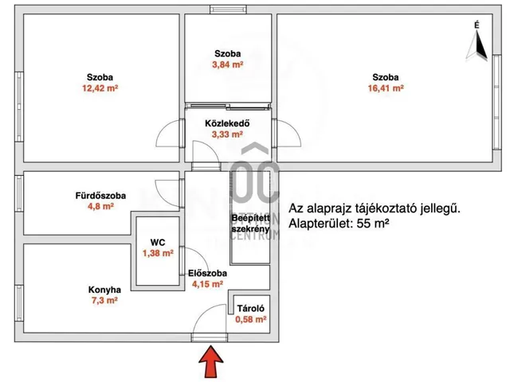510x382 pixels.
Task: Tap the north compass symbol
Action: [477, 46]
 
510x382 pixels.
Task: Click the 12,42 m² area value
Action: [100, 89]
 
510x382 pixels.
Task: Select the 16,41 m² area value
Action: [385, 89]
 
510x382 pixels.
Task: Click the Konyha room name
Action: [104, 290]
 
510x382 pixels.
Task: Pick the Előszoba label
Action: [207, 274]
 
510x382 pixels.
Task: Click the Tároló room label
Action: [249, 308]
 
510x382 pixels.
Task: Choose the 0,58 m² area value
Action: [250, 320]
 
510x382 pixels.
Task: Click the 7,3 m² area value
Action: [104, 302]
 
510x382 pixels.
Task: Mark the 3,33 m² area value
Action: [227, 135]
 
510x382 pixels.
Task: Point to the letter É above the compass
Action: [477, 25]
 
